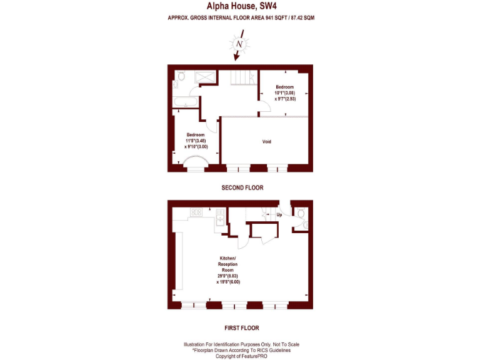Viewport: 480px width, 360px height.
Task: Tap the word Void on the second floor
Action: pyautogui.click(x=266, y=142)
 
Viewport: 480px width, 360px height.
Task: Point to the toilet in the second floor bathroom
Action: pyautogui.click(x=180, y=76)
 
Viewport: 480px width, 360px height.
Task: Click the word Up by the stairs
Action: pyautogui.click(x=279, y=214)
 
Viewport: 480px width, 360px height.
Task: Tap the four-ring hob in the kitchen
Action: pyautogui.click(x=196, y=212)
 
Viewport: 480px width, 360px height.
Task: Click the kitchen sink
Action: pyautogui.click(x=220, y=217)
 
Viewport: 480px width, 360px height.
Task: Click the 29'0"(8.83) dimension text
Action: pyautogui.click(x=228, y=276)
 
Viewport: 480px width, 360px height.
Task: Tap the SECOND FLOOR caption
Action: pyautogui.click(x=242, y=187)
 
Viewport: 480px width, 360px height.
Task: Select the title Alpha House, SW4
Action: pyautogui.click(x=241, y=6)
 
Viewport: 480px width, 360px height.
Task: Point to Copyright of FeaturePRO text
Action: pyautogui.click(x=241, y=356)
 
